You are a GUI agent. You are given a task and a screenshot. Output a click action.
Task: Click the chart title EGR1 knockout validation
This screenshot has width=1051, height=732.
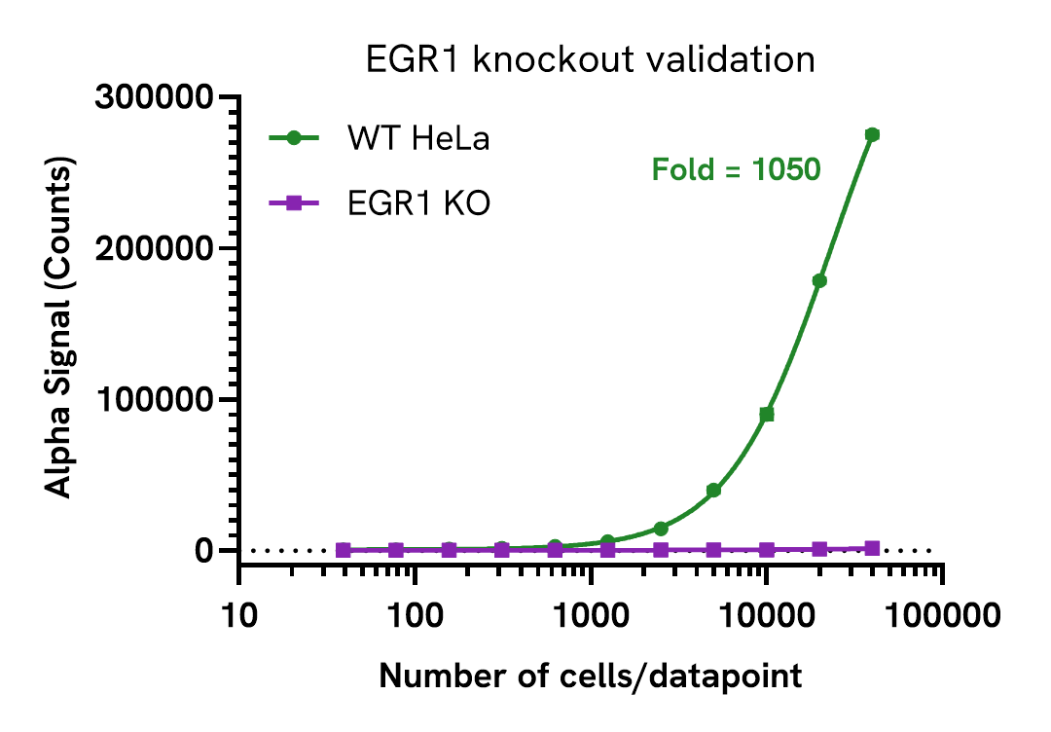pos(590,60)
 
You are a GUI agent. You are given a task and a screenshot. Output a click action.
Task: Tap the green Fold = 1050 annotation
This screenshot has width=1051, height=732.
pos(736,170)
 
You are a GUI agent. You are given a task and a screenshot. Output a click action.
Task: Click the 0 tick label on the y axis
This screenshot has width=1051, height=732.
pos(202,551)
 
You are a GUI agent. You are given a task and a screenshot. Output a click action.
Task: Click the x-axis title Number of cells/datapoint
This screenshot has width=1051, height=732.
pos(590,676)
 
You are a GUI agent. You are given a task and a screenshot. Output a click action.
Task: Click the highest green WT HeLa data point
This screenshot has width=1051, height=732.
pos(872,134)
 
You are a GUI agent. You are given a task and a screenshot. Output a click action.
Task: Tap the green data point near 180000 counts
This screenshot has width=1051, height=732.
pos(819,280)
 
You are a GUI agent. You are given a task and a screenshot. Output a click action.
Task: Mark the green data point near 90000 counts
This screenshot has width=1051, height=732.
pos(767,415)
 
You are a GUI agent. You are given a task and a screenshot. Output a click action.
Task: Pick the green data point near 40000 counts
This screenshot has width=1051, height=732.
pos(713,491)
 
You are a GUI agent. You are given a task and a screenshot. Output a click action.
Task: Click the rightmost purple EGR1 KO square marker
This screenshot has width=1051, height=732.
pos(872,548)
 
